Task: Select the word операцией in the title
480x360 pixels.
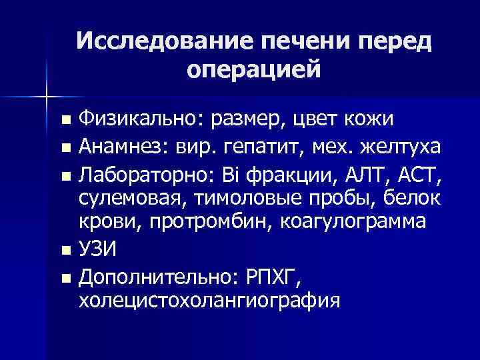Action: [x=254, y=69]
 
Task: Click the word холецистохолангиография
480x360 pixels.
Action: [x=209, y=299]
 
